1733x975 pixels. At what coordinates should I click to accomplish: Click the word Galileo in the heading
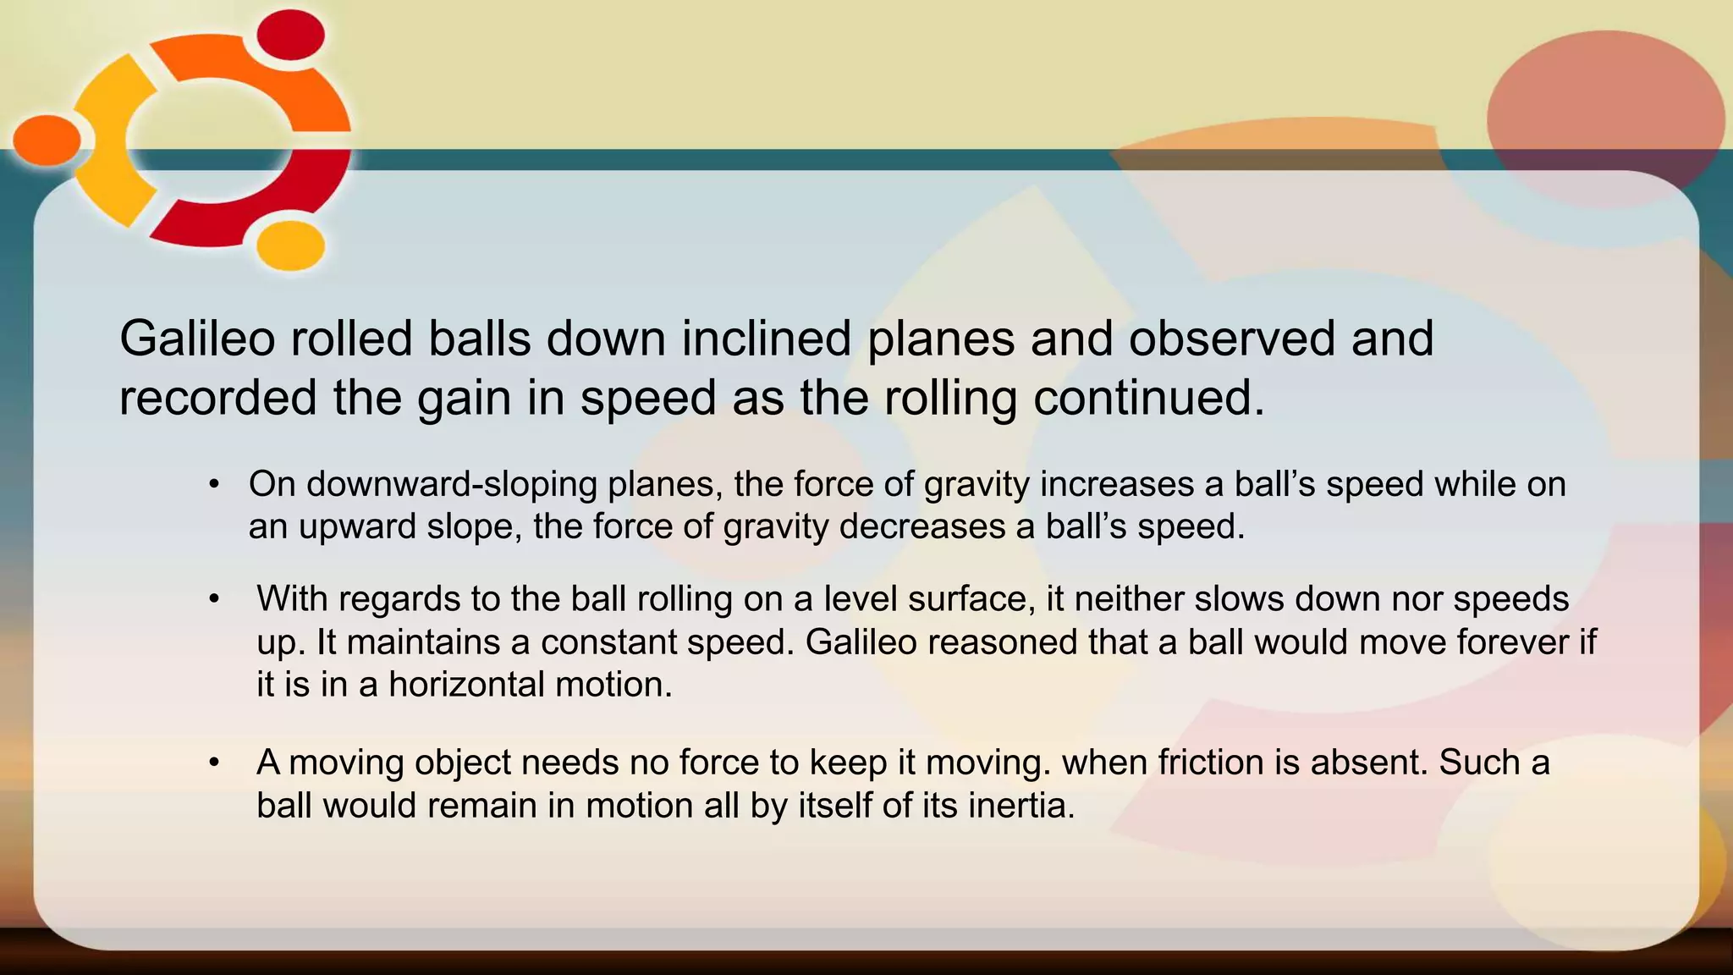[197, 339]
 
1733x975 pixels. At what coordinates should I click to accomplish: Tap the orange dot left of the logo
[47, 140]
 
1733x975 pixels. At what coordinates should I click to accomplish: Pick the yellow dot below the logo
[290, 245]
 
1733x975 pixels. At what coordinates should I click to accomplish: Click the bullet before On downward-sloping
[214, 485]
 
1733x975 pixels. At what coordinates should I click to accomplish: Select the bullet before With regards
[214, 599]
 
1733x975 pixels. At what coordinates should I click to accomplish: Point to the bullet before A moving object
[214, 763]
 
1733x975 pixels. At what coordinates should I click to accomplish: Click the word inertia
[1021, 805]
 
